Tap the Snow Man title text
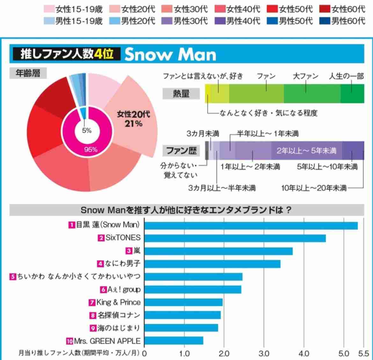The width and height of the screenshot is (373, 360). [170, 54]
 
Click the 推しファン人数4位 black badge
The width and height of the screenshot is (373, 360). [66, 54]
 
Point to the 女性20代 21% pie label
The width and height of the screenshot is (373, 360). [134, 119]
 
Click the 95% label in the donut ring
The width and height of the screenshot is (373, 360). [91, 149]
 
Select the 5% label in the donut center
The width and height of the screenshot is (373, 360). [87, 130]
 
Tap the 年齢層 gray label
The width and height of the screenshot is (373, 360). [28, 73]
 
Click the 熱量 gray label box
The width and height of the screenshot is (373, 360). [181, 94]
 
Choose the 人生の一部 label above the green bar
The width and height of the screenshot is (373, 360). [346, 76]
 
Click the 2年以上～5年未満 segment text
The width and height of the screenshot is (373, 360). [306, 151]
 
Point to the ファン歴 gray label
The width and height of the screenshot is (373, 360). [181, 150]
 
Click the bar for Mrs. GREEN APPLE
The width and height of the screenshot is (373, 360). [174, 341]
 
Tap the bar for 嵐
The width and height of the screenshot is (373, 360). [218, 251]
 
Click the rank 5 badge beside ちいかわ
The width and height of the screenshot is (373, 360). [13, 277]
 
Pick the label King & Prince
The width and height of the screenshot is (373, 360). [118, 302]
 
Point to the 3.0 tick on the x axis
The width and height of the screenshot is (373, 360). [264, 353]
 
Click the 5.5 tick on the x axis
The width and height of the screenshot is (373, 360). [363, 353]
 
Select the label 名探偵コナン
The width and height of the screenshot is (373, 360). [119, 315]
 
